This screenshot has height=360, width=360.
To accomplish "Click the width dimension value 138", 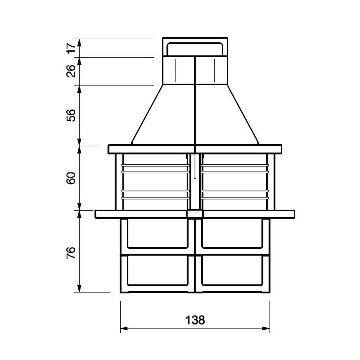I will (x=195, y=320).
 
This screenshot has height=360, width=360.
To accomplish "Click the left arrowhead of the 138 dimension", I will (x=123, y=328).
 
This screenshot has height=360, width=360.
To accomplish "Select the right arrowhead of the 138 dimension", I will (x=267, y=328).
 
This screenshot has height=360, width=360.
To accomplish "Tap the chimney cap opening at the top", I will (x=195, y=49).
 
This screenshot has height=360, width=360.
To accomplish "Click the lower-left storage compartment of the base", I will (x=158, y=270).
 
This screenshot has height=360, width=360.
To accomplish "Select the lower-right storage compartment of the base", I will (x=232, y=270).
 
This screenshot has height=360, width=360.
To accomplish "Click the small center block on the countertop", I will (x=195, y=214).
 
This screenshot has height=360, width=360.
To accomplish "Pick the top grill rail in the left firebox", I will (x=155, y=165).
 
